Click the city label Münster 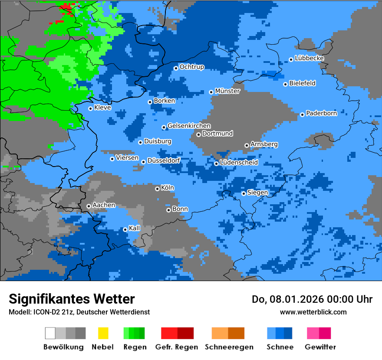tap(227, 91)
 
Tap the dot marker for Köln tap(158, 189)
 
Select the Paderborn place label tap(321, 114)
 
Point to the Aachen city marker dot tap(89, 206)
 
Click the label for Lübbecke tap(309, 58)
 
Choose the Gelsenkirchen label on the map tap(189, 126)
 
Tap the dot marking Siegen tap(244, 193)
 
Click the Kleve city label tap(102, 108)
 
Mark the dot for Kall tap(125, 229)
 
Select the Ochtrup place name tap(192, 67)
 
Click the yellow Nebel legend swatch tap(103, 333)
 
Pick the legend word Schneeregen tap(228, 347)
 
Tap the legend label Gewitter tap(320, 347)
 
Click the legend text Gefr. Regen tap(177, 347)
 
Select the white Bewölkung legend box tap(50, 333)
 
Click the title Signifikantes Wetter tap(72, 299)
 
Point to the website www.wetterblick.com tap(313, 312)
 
